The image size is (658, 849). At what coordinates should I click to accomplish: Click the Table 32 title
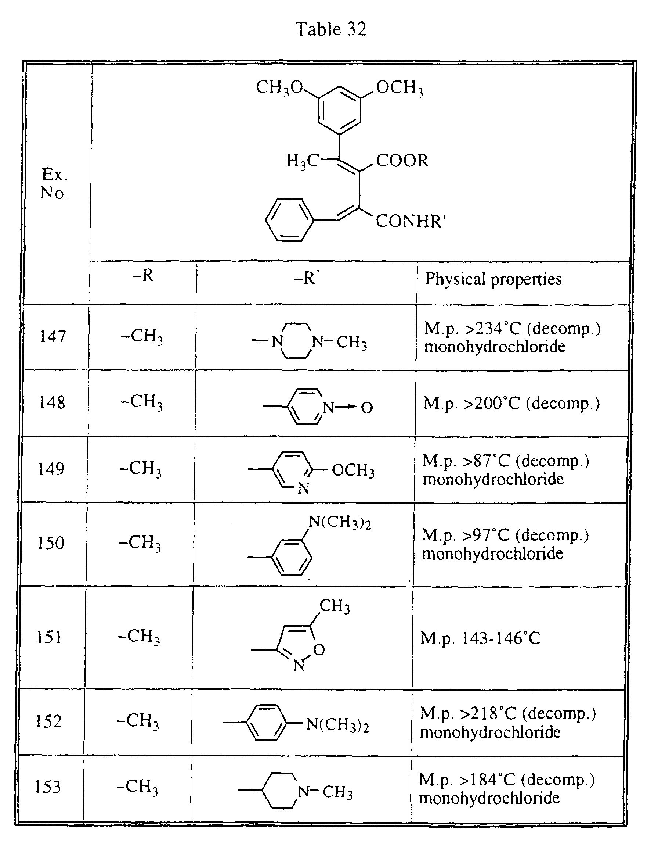click(x=331, y=29)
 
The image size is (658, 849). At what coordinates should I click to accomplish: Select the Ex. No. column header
click(x=54, y=183)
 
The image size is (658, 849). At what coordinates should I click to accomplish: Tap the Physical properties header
click(x=493, y=279)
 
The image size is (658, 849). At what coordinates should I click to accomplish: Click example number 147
click(x=53, y=336)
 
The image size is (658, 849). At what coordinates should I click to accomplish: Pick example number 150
click(x=51, y=543)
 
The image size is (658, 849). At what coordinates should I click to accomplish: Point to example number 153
click(x=48, y=787)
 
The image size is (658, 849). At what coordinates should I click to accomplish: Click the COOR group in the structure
click(x=402, y=161)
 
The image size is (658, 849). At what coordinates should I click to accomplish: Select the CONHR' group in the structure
click(x=411, y=221)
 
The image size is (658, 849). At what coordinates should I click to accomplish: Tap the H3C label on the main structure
click(x=303, y=161)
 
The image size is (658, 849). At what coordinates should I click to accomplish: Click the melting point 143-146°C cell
click(x=480, y=638)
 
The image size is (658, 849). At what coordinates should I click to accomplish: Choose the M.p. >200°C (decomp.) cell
click(x=511, y=404)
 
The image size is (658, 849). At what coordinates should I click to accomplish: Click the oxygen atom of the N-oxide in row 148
click(x=367, y=408)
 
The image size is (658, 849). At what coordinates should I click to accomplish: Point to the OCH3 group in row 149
click(x=353, y=470)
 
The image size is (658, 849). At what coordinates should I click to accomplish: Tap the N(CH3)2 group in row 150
click(x=340, y=522)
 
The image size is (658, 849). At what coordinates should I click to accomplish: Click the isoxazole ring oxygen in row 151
click(x=319, y=649)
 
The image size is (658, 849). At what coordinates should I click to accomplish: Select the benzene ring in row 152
click(x=267, y=723)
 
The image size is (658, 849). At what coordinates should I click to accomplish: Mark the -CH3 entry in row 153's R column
click(x=137, y=787)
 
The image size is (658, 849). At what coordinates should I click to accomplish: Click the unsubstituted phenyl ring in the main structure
click(x=289, y=220)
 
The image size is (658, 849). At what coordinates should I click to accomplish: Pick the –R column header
click(x=143, y=275)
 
